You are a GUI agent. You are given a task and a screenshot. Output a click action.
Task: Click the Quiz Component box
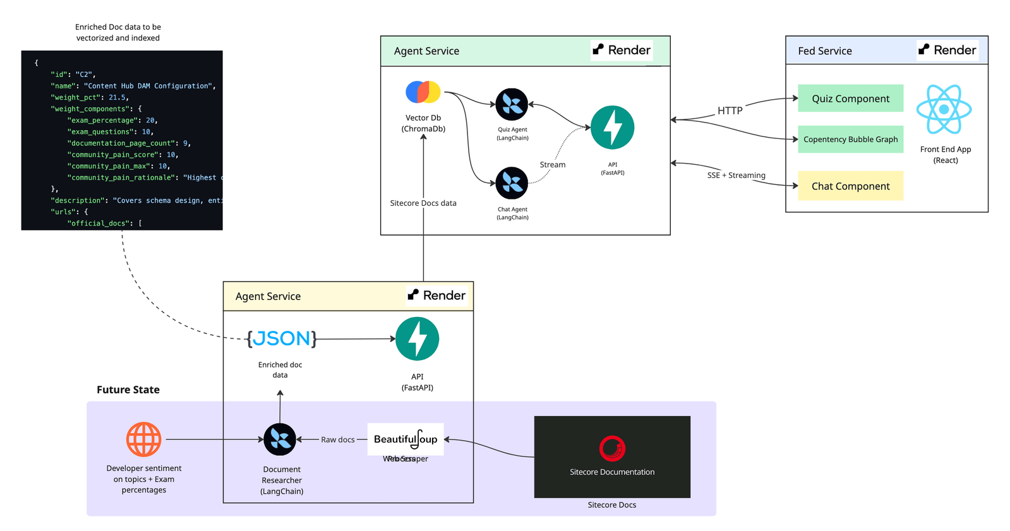(850, 98)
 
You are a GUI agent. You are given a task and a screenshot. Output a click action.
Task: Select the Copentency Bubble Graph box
(850, 140)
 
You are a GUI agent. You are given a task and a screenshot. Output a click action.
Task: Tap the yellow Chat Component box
(850, 186)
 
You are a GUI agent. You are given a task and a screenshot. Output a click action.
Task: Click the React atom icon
(944, 109)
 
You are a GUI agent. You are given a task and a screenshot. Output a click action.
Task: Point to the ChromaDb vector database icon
(423, 92)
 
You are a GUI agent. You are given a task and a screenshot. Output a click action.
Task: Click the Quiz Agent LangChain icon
(512, 105)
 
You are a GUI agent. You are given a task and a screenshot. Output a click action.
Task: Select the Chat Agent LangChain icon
(512, 183)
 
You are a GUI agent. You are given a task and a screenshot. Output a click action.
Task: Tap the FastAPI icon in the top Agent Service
(612, 128)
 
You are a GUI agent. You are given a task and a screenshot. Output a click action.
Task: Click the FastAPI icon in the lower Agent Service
(417, 339)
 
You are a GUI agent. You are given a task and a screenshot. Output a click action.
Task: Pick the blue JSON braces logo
(282, 339)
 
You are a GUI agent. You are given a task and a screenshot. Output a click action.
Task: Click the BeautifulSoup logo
(406, 439)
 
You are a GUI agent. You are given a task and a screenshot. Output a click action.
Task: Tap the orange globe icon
(144, 439)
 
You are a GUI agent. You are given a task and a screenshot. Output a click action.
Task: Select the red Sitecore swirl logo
(612, 449)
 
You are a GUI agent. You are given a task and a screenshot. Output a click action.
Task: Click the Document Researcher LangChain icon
(280, 439)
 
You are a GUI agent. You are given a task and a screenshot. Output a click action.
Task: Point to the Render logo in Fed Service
(947, 50)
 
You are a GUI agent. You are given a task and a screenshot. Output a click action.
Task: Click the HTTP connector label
(730, 110)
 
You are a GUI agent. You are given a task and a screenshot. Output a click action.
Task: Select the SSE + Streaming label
(736, 176)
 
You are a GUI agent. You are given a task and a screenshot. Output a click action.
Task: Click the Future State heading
(128, 390)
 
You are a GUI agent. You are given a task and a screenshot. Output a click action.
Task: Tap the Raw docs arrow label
(338, 439)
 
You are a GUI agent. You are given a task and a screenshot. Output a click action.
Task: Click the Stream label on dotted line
(553, 165)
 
